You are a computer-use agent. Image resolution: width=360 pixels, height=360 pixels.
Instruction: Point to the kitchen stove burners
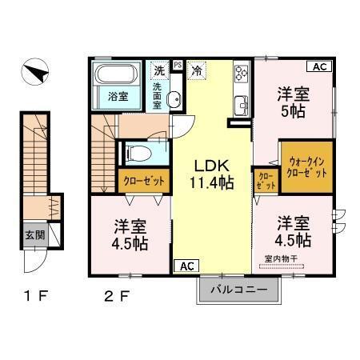[x=240, y=74]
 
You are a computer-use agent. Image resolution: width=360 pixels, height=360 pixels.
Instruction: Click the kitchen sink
[x=240, y=103]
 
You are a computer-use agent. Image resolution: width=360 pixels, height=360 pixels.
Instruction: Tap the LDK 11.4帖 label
[x=210, y=175]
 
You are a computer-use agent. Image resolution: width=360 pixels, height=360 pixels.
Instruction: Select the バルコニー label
[x=238, y=289]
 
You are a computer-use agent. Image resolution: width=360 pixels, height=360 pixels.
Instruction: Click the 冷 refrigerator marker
[x=197, y=70]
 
